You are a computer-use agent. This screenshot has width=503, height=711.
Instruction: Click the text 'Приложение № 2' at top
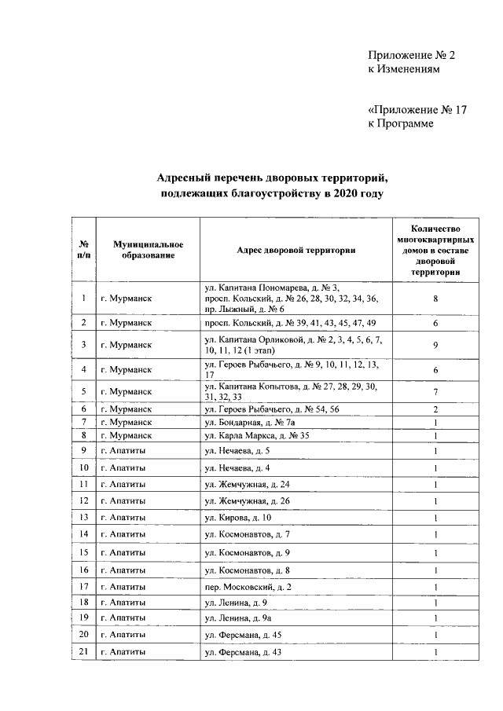click(x=411, y=55)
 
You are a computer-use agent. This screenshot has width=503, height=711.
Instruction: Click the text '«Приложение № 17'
click(x=417, y=110)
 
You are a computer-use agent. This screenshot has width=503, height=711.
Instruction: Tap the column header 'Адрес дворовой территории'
click(x=296, y=250)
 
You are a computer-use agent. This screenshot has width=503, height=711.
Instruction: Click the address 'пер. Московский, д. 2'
click(x=248, y=586)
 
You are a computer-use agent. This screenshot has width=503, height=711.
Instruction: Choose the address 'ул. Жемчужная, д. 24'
click(x=247, y=483)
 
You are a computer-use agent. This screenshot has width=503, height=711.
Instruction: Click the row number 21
click(x=83, y=652)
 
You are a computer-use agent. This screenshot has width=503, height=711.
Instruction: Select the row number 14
click(x=83, y=534)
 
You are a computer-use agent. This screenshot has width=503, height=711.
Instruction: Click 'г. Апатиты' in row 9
click(x=123, y=450)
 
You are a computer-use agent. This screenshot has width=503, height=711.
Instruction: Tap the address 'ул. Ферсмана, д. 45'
click(x=243, y=634)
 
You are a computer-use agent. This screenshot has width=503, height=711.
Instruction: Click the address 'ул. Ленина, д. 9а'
click(x=238, y=618)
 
